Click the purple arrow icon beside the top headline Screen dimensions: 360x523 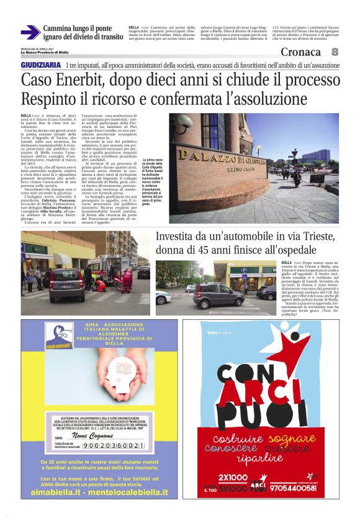[30, 32]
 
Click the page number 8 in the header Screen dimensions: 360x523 [335, 52]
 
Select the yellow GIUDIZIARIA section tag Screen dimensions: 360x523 [41, 65]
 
